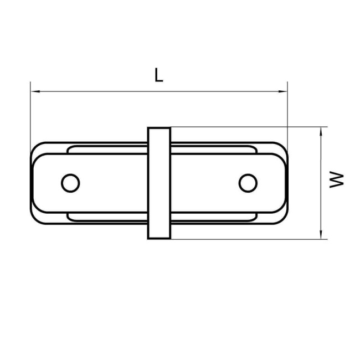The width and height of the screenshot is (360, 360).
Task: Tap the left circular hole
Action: [70, 182]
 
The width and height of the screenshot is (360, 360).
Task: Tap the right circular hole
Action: [248, 182]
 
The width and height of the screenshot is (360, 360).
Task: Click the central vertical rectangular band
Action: [159, 183]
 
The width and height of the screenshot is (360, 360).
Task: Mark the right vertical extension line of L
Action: [288, 111]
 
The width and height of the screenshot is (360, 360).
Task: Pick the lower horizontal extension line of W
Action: [249, 239]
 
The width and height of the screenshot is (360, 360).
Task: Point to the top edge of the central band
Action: [159, 127]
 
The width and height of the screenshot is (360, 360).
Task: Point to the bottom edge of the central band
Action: [159, 239]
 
